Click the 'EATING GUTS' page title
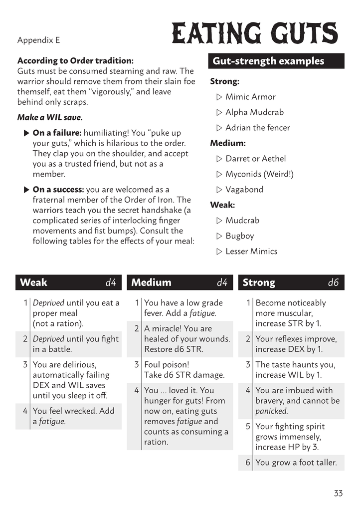[x=255, y=35]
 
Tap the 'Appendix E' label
[x=38, y=40]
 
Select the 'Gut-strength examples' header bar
[x=276, y=61]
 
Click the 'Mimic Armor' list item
[x=250, y=97]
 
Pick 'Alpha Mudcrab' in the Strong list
[x=254, y=112]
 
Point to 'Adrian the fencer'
[x=257, y=128]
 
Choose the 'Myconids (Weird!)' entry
[x=259, y=174]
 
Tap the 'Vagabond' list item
[x=244, y=190]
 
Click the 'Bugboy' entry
[x=240, y=236]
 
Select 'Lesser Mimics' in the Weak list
[x=251, y=252]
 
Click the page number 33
[x=338, y=494]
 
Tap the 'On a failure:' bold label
[x=57, y=133]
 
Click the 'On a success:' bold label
[x=58, y=190]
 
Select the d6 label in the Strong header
[x=333, y=282]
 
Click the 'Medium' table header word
[x=151, y=282]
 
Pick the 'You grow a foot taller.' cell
[x=296, y=463]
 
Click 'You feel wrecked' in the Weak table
[x=73, y=411]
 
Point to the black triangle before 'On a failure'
[x=26, y=133]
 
